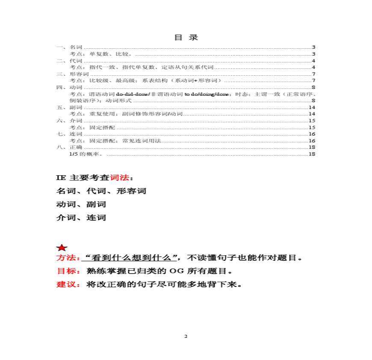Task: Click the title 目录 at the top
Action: coord(186,37)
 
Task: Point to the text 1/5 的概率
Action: coord(86,154)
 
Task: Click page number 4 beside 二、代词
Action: coord(313,61)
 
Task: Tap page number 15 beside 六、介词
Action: coord(312,121)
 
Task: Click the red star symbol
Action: coord(62,248)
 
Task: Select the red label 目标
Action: coord(67,271)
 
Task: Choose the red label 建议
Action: coord(67,284)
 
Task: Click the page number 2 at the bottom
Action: coord(186,336)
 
